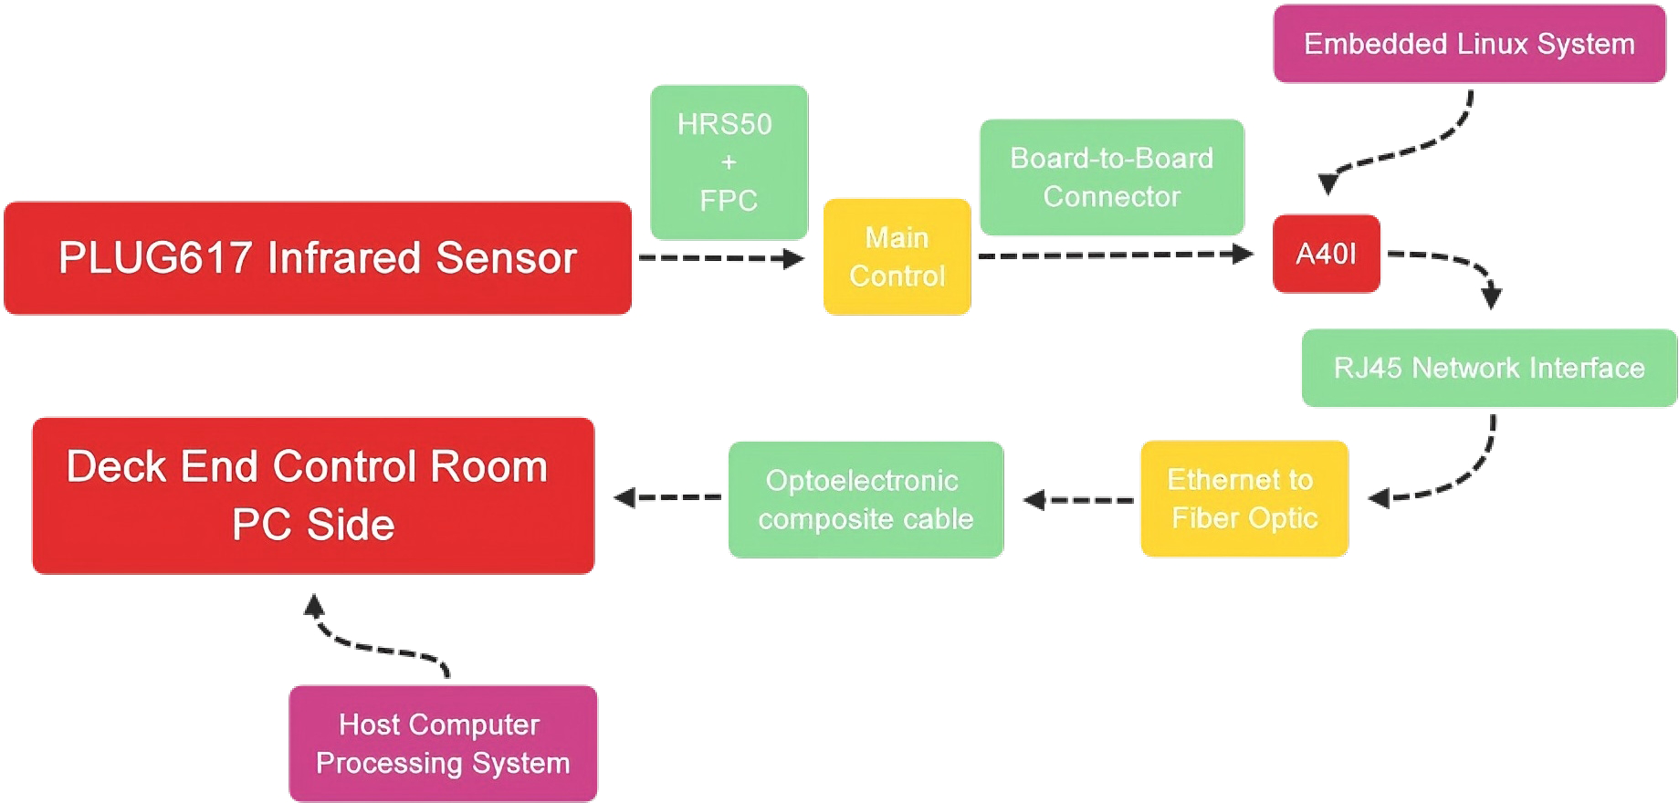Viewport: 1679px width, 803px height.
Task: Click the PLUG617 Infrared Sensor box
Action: pyautogui.click(x=318, y=258)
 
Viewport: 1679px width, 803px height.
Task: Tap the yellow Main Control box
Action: pyautogui.click(x=897, y=257)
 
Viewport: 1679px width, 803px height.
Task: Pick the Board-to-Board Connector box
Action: pyautogui.click(x=1111, y=177)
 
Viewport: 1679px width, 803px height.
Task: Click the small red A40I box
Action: pyautogui.click(x=1326, y=254)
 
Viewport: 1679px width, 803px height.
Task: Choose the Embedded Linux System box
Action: pyautogui.click(x=1469, y=44)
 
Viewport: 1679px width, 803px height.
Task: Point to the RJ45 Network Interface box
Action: pyautogui.click(x=1488, y=368)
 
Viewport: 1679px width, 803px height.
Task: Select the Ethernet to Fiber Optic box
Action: pyautogui.click(x=1244, y=498)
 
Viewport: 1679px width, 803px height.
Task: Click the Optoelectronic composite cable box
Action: pyautogui.click(x=866, y=499)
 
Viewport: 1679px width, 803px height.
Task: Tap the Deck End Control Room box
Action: pyautogui.click(x=313, y=495)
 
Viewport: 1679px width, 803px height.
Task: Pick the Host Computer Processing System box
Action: pyautogui.click(x=443, y=743)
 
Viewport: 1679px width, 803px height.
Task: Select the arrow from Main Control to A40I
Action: pyautogui.click(x=1114, y=255)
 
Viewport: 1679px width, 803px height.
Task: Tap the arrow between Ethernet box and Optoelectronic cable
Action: pyautogui.click(x=1077, y=499)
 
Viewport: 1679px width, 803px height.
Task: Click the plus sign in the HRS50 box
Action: pyautogui.click(x=729, y=162)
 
